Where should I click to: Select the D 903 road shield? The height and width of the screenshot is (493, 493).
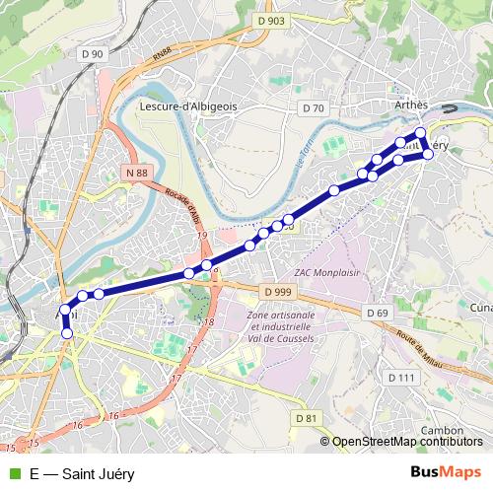270,21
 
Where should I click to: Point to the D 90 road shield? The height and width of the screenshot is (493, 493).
93,52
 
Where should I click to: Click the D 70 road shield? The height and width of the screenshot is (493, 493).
314,107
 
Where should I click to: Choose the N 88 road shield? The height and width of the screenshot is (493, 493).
137,173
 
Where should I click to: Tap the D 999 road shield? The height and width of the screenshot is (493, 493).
280,292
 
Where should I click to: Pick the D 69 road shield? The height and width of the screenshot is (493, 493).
376,313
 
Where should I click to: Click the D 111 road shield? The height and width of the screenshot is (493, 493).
400,378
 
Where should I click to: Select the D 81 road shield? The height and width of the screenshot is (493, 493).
308,418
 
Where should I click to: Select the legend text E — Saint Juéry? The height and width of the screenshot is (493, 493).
82,473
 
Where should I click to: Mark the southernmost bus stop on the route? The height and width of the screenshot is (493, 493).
67,334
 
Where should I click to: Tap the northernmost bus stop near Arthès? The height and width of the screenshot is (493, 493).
420,132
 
